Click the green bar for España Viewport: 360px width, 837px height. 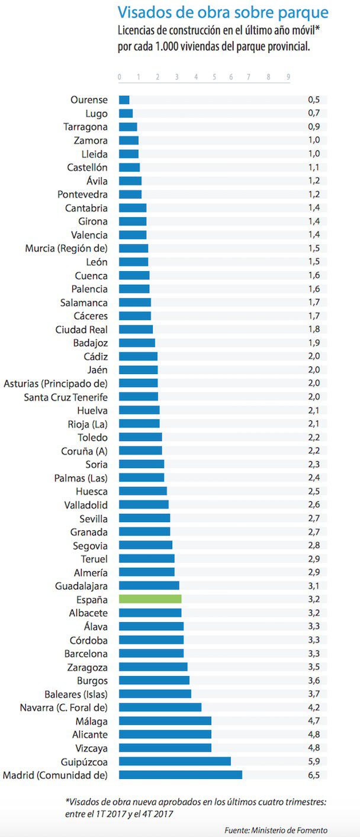coord(150,598)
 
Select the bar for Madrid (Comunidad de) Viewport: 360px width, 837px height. coord(180,774)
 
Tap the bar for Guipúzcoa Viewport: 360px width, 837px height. coord(175,761)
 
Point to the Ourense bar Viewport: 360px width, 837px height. coord(124,99)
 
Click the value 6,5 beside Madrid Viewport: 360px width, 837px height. coord(313,774)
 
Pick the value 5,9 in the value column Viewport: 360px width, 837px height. coord(313,761)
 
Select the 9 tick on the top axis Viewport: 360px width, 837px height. coord(288,77)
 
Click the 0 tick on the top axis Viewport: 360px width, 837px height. coord(120,77)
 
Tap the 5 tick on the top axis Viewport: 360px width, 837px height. coord(214,77)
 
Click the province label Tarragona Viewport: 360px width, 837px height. coord(85,127)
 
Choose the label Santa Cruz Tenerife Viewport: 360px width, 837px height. coord(66,397)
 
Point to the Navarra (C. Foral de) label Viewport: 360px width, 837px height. coord(63,707)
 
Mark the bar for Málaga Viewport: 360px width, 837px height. coord(165,720)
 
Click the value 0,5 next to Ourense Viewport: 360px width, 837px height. coord(313,99)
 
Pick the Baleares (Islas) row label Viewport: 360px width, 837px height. coord(76,693)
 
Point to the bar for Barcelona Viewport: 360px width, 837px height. coord(151,653)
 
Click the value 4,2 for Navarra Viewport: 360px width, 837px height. coord(313,707)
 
